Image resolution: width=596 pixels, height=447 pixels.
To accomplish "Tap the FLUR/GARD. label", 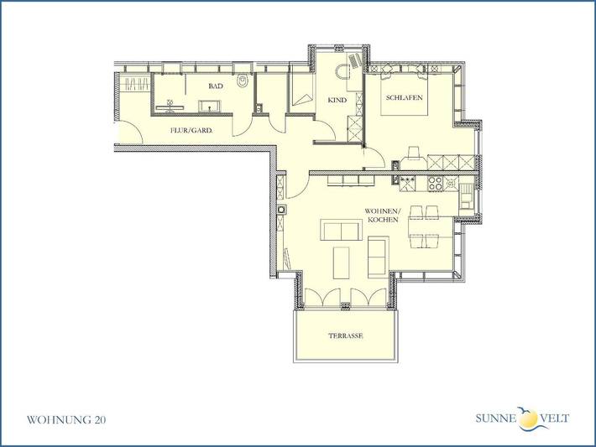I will (x=191, y=131).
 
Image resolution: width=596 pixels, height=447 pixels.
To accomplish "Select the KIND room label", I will (x=337, y=100).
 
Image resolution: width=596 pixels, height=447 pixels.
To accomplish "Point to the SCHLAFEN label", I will (x=403, y=98).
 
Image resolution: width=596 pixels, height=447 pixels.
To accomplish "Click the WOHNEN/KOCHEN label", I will (x=378, y=215).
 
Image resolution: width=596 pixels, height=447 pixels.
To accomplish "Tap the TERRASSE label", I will (x=346, y=335).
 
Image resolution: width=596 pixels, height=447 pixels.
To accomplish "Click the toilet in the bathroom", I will (x=242, y=82).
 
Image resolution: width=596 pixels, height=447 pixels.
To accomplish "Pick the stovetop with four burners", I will (x=435, y=182).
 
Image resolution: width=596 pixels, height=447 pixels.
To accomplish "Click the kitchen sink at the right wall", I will (x=465, y=199).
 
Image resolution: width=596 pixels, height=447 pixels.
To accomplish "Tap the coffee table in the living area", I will (x=342, y=262).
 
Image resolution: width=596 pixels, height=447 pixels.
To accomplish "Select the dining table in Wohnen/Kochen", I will (x=425, y=226).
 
